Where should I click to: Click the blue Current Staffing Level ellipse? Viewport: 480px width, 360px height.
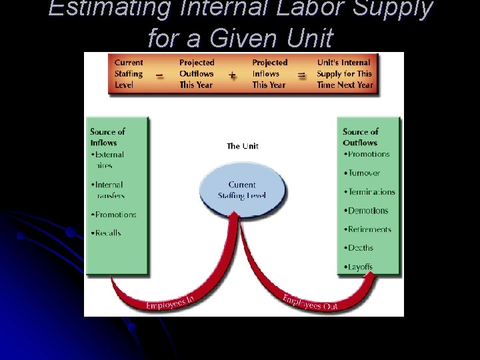click(x=242, y=189)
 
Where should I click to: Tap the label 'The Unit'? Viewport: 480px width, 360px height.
click(x=243, y=146)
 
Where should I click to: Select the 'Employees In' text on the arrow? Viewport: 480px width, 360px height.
click(x=170, y=303)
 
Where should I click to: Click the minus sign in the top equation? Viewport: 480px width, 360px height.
click(x=160, y=75)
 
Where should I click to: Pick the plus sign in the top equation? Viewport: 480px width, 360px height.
click(x=232, y=75)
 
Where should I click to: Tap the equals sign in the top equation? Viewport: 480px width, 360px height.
click(x=302, y=75)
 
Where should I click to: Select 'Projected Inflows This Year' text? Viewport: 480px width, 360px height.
click(x=269, y=74)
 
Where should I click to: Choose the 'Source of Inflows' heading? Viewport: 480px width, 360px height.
click(x=107, y=137)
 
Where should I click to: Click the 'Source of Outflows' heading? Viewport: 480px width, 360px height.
click(x=361, y=137)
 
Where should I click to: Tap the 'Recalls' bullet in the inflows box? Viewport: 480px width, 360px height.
click(x=107, y=233)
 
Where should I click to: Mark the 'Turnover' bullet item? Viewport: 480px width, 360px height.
click(x=363, y=173)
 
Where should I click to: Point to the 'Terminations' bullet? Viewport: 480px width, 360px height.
click(x=371, y=192)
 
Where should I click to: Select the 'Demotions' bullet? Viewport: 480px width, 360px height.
click(x=367, y=211)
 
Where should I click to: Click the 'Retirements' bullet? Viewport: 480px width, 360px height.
click(x=369, y=229)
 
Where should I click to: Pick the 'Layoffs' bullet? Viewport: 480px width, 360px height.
click(x=360, y=267)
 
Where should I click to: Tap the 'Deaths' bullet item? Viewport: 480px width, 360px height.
click(x=360, y=248)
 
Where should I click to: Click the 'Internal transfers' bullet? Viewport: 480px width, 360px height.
click(x=109, y=190)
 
